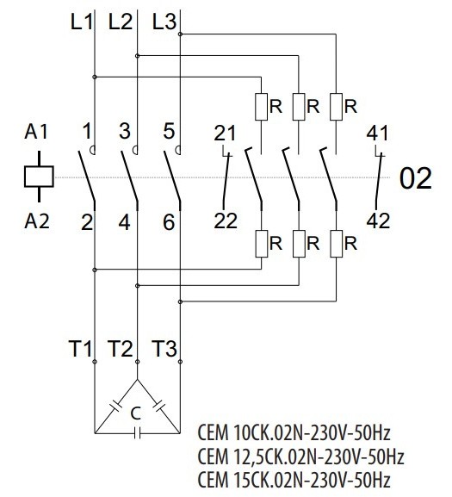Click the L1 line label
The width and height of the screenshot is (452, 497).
80,22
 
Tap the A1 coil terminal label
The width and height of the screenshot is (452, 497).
38,134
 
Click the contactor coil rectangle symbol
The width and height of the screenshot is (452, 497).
38,177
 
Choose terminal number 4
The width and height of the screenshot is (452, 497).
127,221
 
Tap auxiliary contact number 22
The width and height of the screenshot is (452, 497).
225,221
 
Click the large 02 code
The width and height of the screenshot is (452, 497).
416,180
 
